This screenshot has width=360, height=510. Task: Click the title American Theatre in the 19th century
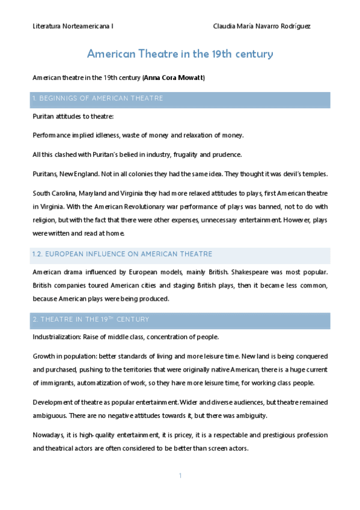coord(180,54)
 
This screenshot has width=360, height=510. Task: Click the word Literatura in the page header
coord(46,26)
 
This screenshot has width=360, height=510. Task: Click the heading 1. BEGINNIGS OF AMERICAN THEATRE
coord(98,99)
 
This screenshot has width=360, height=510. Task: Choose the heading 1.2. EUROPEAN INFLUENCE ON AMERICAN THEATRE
coord(122,254)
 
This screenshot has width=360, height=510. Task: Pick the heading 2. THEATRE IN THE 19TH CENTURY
coord(91,319)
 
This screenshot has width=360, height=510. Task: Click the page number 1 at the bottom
coord(180,476)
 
